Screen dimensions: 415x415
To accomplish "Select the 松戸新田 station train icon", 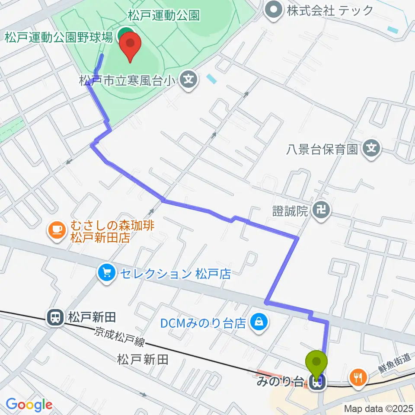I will [x=55, y=318].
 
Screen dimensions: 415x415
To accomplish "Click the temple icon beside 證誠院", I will [x=322, y=211].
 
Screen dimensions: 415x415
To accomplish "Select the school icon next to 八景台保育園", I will [x=371, y=149].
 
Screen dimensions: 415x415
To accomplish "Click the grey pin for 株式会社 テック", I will [x=274, y=10].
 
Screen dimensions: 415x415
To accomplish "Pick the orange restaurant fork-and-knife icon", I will [x=358, y=378].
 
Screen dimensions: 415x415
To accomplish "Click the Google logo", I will [x=29, y=405].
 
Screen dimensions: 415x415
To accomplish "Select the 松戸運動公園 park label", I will [x=164, y=16].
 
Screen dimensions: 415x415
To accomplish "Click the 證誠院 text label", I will [x=290, y=211].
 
